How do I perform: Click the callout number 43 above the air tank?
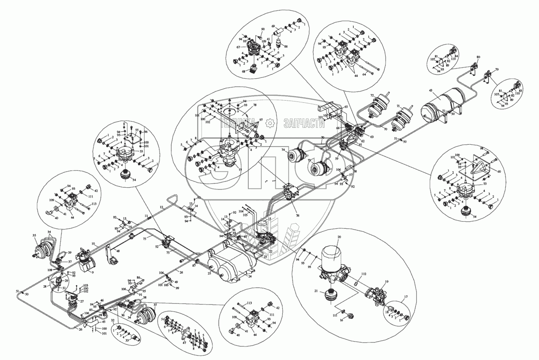click(431, 91)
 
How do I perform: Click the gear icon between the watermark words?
click(270, 123)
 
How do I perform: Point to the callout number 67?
click(238, 48)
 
